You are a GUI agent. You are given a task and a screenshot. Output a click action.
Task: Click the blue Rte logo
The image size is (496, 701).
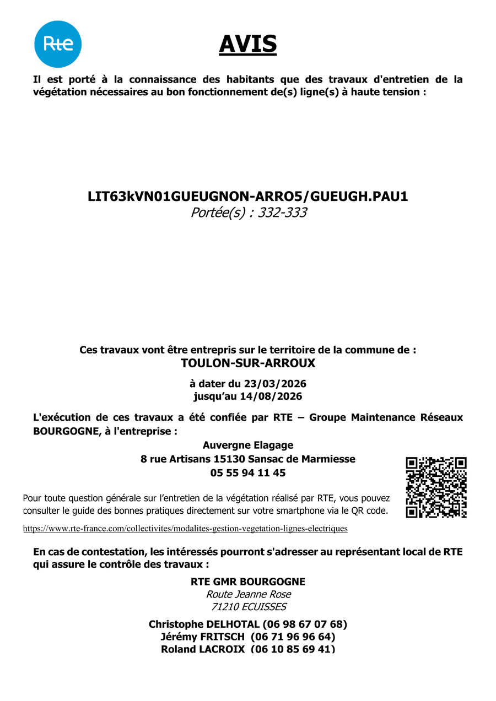tap(58, 44)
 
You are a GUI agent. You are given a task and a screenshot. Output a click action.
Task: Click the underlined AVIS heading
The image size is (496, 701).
tap(248, 44)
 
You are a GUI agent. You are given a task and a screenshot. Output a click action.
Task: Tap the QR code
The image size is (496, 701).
tap(436, 487)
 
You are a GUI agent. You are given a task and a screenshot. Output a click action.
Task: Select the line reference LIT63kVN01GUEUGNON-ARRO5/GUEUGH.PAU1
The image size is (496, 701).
tap(248, 197)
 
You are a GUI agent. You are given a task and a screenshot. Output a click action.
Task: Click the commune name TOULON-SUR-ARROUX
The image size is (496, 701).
tap(248, 363)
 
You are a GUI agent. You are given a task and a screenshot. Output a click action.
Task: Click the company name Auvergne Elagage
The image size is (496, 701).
tap(248, 445)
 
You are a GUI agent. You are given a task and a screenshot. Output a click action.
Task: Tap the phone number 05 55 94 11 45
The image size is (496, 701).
tap(248, 472)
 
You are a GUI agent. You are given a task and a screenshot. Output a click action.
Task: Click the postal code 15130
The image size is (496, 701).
tap(230, 459)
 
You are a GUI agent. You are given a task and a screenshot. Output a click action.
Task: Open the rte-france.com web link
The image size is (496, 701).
tap(185, 529)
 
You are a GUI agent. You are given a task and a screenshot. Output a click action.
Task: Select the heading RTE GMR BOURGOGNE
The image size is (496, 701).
tap(248, 582)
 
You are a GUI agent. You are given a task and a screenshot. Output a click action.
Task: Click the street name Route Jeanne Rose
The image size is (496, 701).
tap(248, 594)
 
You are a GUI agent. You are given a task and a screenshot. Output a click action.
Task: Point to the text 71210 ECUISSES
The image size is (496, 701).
tap(249, 607)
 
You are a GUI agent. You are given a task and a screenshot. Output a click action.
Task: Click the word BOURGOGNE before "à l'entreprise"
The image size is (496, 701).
tap(65, 431)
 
